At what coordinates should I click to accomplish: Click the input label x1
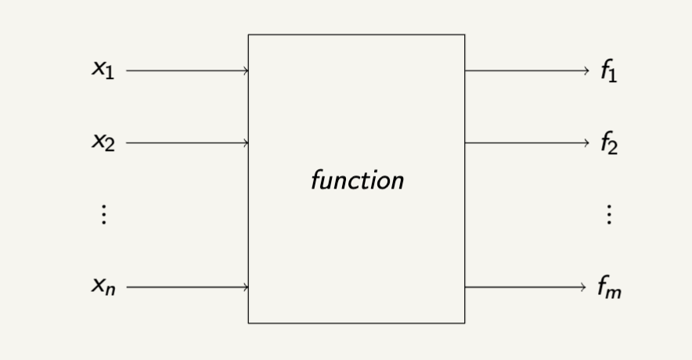pos(103,70)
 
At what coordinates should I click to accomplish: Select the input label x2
pos(103,142)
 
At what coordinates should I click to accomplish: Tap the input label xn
pos(103,287)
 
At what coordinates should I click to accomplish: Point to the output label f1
pos(609,71)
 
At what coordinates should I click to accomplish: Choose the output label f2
pos(609,143)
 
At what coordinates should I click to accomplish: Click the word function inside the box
pos(357,181)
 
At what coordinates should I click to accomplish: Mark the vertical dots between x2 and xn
pos(103,214)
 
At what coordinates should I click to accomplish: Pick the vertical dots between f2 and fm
pos(609,214)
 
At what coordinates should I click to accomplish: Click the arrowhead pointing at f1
pos(585,71)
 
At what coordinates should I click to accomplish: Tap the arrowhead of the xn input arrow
pos(247,287)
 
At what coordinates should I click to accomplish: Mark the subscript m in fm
pos(616,293)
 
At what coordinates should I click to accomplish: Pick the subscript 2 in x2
pos(110,146)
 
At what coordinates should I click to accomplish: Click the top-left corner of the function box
pos(249,34)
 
